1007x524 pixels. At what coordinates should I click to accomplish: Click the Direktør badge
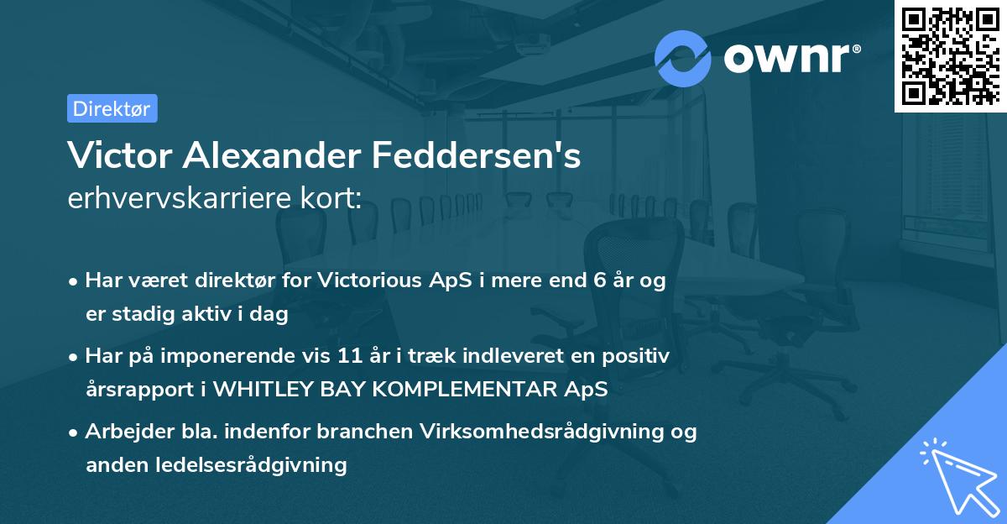[112, 108]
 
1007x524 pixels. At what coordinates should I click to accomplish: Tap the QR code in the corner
[949, 55]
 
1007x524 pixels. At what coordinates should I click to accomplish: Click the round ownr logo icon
[683, 58]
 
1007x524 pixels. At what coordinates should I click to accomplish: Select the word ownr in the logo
[791, 58]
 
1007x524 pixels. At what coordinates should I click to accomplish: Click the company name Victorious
[363, 281]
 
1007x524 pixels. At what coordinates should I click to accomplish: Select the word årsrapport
[134, 390]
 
